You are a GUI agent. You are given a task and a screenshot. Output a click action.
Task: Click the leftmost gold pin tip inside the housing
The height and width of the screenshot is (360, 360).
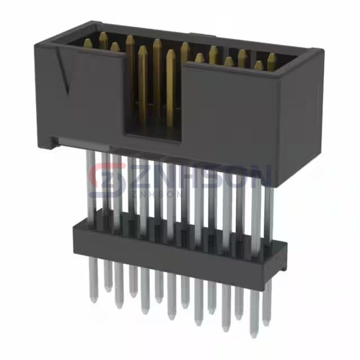pyautogui.click(x=88, y=43)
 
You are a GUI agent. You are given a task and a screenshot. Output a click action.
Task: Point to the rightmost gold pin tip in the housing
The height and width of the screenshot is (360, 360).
pyautogui.click(x=271, y=58)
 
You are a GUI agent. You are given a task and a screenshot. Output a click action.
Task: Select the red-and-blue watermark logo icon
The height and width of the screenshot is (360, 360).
pyautogui.click(x=104, y=175)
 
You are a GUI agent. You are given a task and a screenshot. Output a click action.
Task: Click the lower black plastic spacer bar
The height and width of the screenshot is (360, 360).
pyautogui.click(x=168, y=246)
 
